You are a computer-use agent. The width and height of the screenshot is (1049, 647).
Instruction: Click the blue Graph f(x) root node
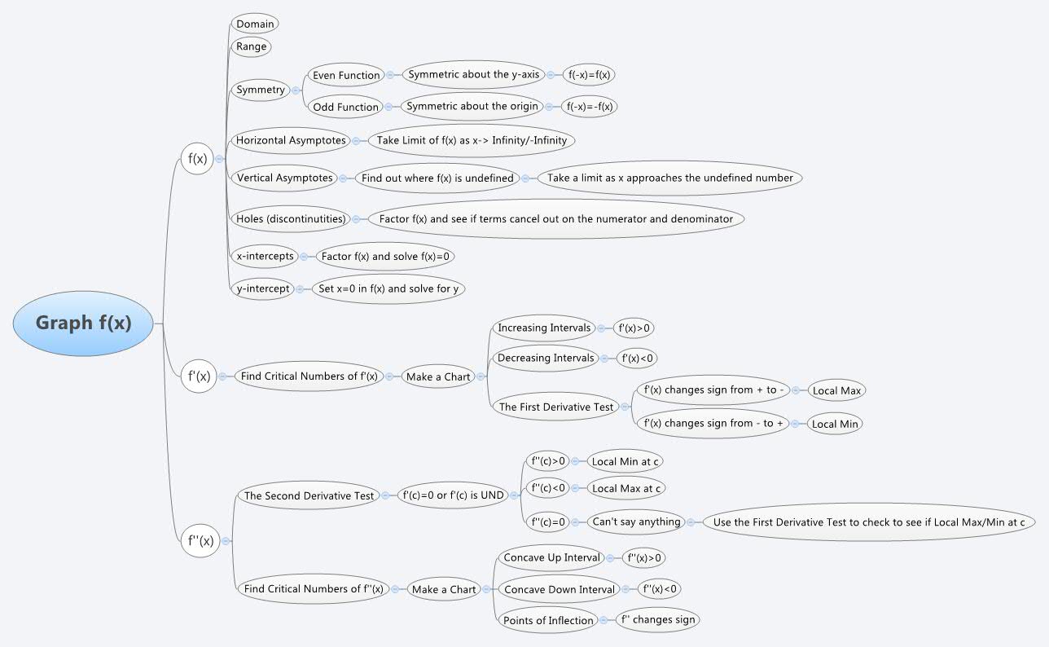tap(83, 323)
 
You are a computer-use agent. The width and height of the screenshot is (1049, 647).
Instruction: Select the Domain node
tap(255, 24)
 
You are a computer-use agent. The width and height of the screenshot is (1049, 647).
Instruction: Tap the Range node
tap(251, 46)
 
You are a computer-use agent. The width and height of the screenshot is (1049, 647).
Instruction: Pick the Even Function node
tap(346, 75)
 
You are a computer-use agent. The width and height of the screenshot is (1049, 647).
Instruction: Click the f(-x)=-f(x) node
tap(591, 106)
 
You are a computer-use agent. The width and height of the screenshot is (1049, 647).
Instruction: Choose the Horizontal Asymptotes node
tap(290, 140)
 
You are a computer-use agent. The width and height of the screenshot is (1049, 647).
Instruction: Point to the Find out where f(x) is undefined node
tap(437, 178)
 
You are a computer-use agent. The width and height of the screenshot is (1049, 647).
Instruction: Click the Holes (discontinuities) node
tap(291, 218)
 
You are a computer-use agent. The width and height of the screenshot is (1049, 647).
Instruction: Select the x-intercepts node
tap(265, 256)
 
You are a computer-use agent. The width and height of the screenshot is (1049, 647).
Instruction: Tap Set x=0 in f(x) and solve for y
tap(392, 288)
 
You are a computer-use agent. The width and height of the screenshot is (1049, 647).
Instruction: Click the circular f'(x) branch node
tap(199, 376)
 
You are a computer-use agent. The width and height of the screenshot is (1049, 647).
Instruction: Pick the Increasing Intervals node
tap(544, 328)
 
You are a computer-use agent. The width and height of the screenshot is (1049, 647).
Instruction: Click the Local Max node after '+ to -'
tap(836, 390)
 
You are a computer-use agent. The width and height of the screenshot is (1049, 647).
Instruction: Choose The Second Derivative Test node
tap(309, 495)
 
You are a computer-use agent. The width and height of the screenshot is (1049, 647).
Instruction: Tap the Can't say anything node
tap(636, 522)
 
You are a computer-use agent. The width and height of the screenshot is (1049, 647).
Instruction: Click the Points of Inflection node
tap(548, 620)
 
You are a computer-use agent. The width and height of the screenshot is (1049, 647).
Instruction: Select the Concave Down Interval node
tap(559, 589)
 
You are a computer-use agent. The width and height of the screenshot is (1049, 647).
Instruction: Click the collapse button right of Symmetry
tap(296, 90)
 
